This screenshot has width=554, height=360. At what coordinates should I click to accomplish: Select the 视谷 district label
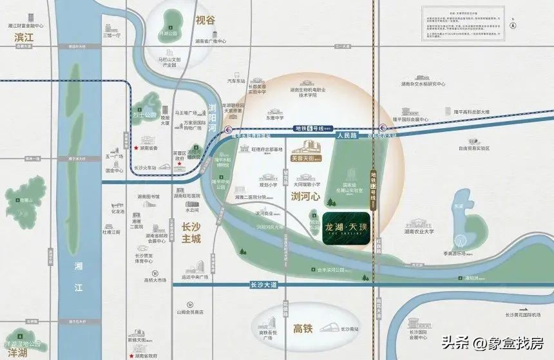(205, 20)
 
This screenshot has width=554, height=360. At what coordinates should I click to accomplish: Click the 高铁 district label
(303, 328)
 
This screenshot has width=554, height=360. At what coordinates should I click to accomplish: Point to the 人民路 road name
(346, 137)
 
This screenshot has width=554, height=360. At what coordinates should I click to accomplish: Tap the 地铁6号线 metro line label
(310, 129)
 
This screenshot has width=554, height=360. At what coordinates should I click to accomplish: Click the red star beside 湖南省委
(135, 148)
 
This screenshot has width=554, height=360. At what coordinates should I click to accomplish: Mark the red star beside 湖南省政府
(133, 355)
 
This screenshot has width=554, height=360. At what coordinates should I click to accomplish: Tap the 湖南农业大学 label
(419, 231)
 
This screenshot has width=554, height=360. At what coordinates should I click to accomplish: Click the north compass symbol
(512, 26)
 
